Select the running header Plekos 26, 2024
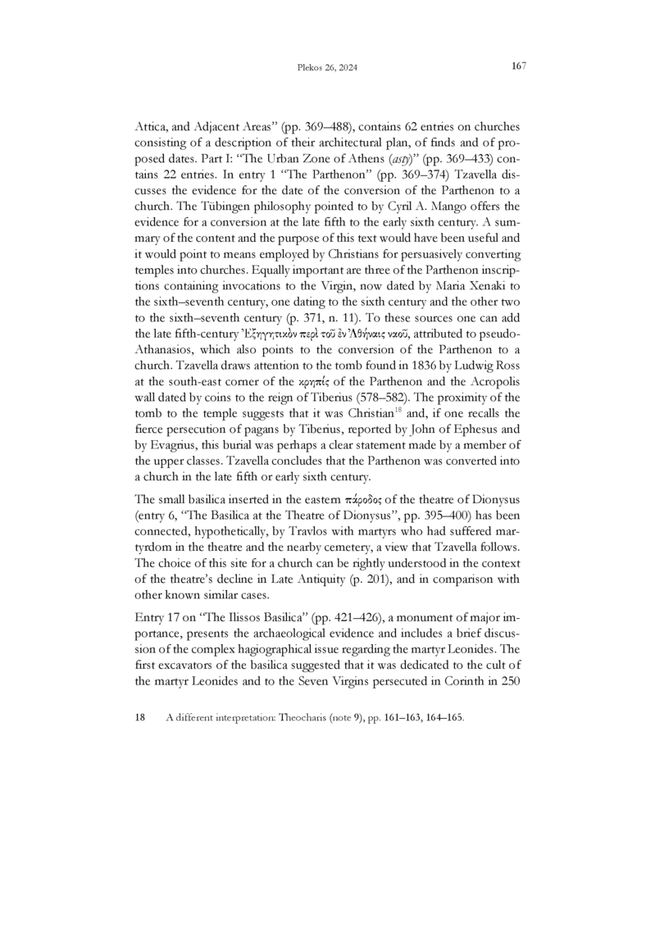pos(327,68)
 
